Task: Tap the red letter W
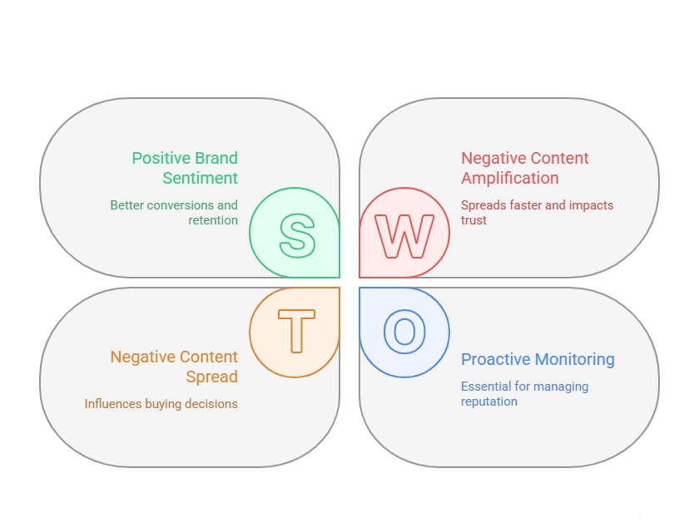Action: pos(404,236)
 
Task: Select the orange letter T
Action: pos(297,331)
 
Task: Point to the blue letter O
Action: pos(404,331)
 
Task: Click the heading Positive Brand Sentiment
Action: pos(185,168)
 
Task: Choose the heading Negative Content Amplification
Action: pos(525,168)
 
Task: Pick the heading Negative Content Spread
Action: pos(174,367)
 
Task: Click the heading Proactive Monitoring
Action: pos(538,359)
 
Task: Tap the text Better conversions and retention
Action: pos(174,213)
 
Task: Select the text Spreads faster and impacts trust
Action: pos(537,213)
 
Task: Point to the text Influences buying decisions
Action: pos(161,404)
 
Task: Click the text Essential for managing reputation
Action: pos(524,394)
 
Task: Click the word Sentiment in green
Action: pos(200,178)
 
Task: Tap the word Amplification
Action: pos(510,178)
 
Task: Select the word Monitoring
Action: pos(575,359)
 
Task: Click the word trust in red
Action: pos(473,220)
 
